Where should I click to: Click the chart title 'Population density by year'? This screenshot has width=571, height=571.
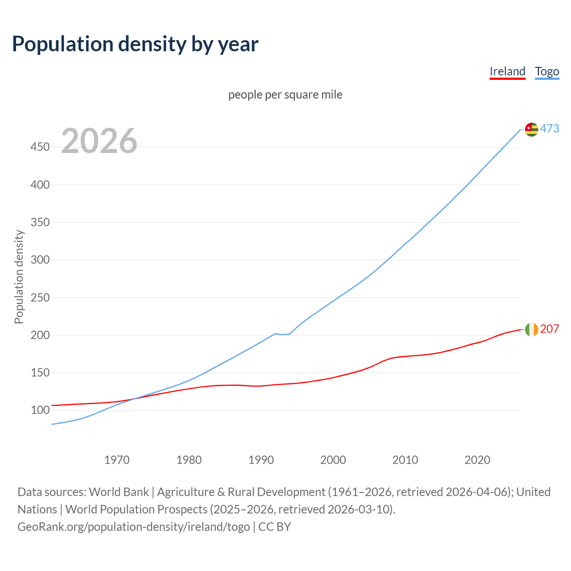click(135, 44)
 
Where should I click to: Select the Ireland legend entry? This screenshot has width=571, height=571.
click(507, 71)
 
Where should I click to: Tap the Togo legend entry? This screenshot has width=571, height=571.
click(547, 71)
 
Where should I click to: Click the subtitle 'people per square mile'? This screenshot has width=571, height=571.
click(285, 95)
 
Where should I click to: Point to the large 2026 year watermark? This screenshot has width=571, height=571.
click(99, 141)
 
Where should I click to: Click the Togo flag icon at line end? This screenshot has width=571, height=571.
click(531, 129)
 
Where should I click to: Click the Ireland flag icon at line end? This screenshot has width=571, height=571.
click(531, 330)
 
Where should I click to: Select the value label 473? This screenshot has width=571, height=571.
click(550, 128)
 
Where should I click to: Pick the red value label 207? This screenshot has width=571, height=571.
click(550, 329)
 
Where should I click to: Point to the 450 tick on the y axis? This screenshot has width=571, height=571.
click(40, 147)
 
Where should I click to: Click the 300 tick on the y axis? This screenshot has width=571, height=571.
click(40, 260)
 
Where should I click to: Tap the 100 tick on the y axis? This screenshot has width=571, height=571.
click(40, 410)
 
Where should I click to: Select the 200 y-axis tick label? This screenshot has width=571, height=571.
click(40, 335)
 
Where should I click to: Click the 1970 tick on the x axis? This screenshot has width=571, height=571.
click(117, 460)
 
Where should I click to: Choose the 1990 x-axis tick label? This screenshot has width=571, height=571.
click(261, 460)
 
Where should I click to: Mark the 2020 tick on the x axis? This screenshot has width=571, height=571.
click(477, 460)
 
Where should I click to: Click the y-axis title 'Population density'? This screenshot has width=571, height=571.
click(19, 277)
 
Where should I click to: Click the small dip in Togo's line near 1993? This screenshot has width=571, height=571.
click(282, 334)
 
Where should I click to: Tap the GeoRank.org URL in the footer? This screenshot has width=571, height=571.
click(134, 527)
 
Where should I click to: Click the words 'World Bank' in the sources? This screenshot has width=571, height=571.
click(119, 492)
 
